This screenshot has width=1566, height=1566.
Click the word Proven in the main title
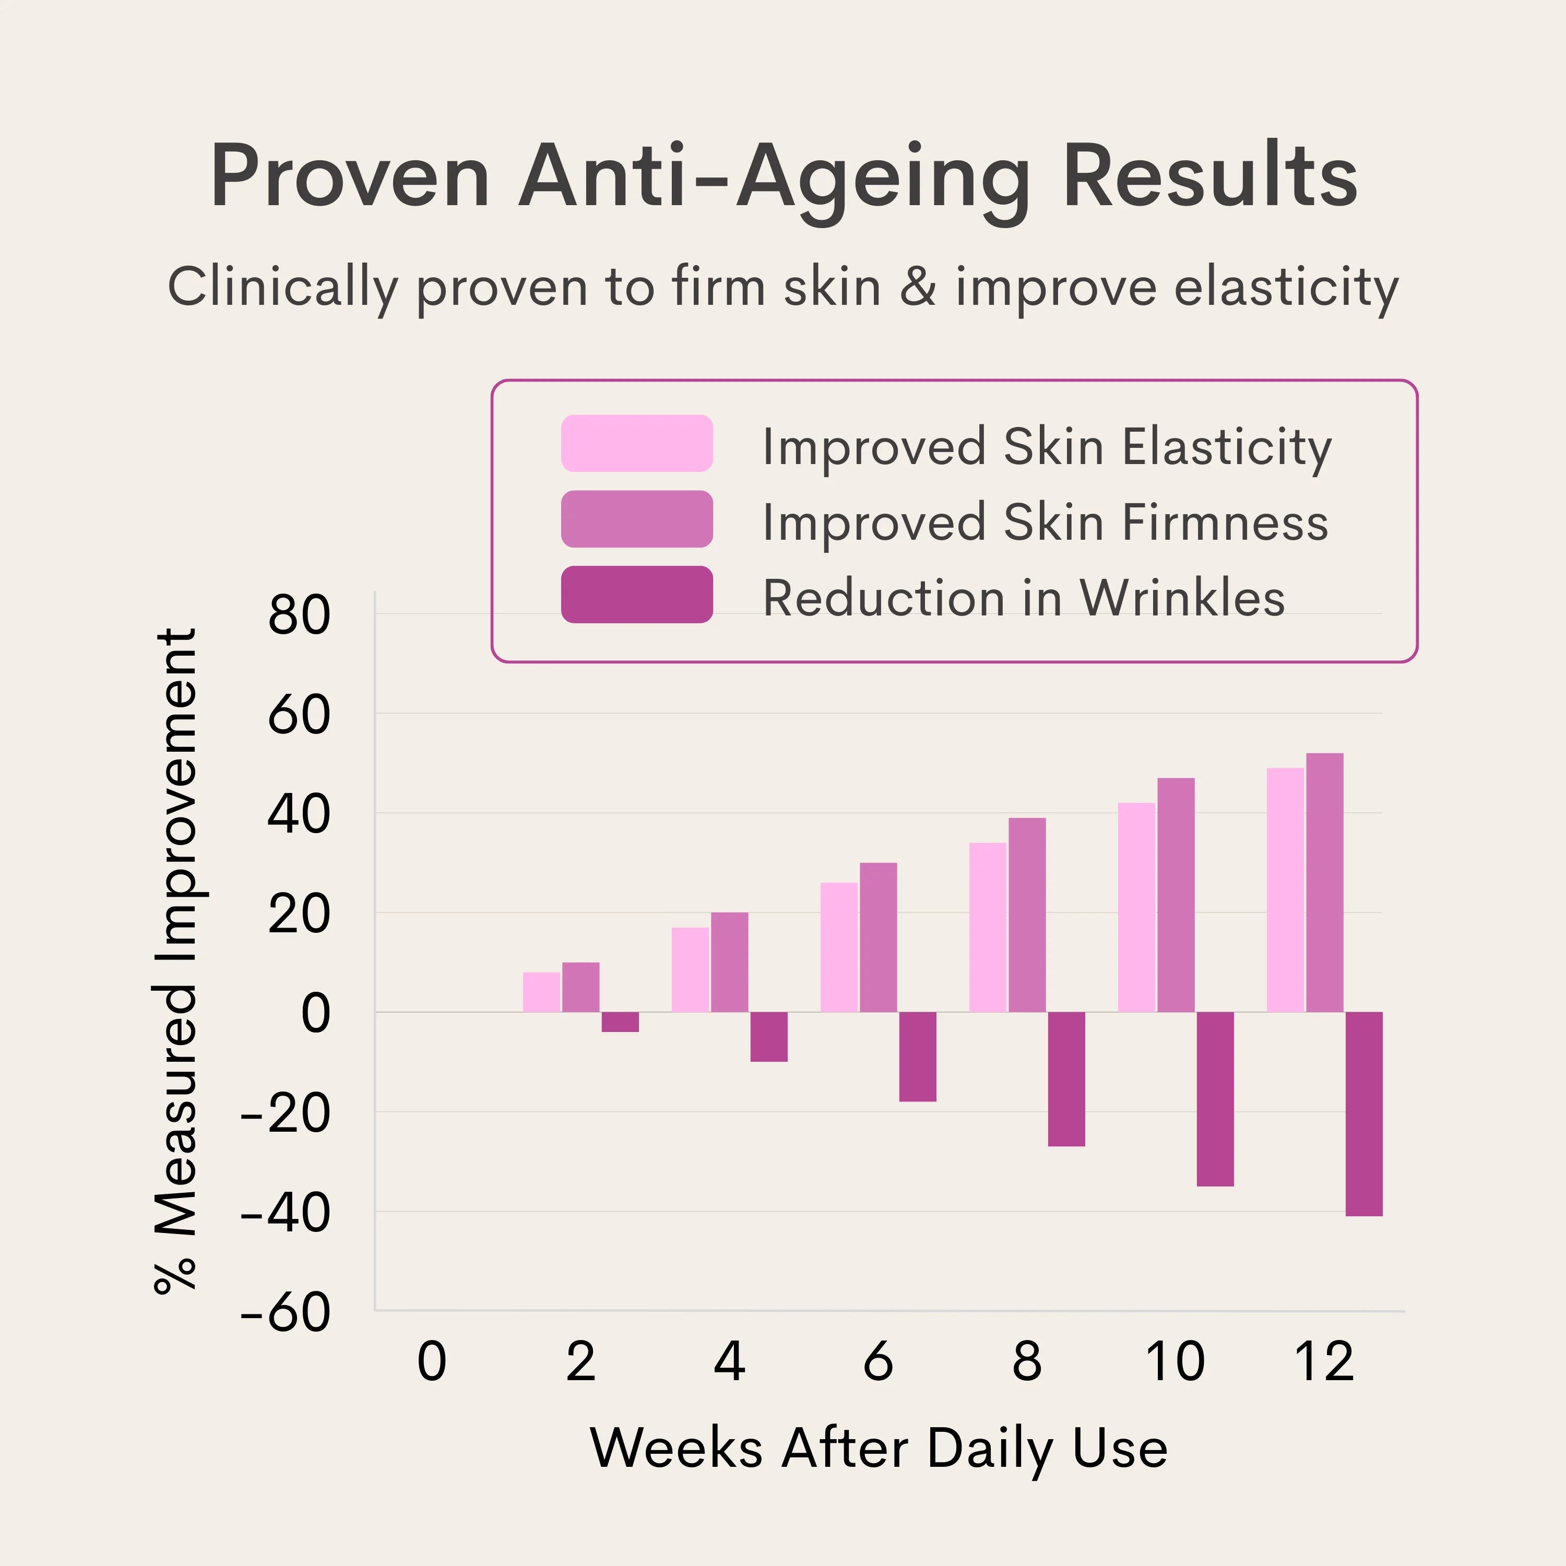click(349, 177)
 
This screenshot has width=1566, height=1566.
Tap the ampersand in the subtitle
click(918, 287)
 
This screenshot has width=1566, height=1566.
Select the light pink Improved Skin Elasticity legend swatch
click(636, 443)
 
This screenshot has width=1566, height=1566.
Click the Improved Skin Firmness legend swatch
click(636, 519)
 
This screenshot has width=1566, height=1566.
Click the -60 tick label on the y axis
click(286, 1313)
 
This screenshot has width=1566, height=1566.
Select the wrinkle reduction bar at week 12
click(1364, 1114)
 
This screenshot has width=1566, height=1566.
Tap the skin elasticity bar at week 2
click(541, 992)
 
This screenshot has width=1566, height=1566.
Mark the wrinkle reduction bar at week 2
click(620, 1022)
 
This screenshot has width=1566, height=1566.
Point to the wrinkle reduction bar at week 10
click(1215, 1099)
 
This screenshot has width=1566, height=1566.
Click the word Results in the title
click(1209, 177)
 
